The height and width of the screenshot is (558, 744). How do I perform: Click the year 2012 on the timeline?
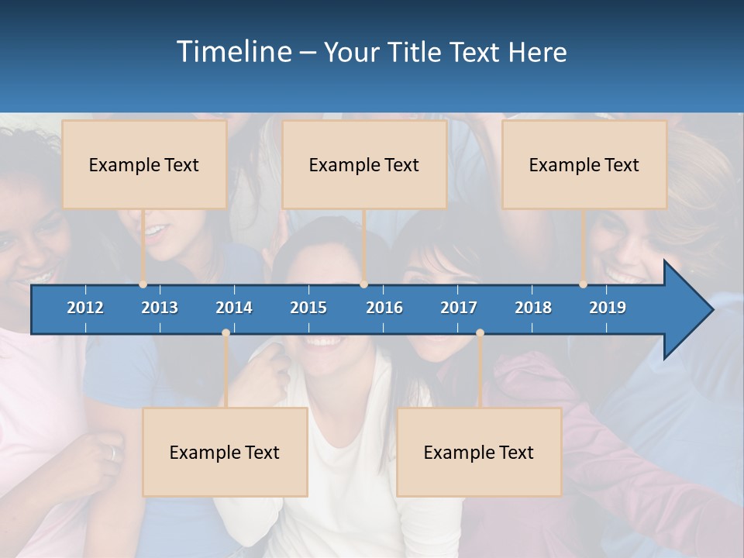85,308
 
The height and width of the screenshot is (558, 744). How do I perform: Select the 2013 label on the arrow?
160,308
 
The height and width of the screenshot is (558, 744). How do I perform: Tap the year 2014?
234,308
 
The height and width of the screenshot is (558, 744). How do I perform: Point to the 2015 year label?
308,308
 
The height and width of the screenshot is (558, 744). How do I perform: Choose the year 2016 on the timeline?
384,308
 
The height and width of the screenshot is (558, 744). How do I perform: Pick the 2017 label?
459,308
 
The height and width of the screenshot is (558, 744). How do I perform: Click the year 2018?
533,308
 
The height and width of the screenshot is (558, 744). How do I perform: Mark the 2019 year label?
608,308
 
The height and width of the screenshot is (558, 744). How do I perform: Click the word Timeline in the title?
232,52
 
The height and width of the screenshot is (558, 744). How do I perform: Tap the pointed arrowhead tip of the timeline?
711,309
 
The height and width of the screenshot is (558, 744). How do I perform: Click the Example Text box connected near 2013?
144,164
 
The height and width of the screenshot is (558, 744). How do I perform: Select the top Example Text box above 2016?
364,164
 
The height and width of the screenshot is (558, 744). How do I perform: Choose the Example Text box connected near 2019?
584,164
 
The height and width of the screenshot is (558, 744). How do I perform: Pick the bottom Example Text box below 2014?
225,452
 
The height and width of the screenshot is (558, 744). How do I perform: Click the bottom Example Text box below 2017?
479,452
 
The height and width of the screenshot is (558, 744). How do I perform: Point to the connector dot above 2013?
143,284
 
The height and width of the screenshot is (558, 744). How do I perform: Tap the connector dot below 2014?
226,333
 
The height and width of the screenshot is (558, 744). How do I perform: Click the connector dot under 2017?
480,333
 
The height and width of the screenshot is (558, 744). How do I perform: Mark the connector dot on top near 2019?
584,284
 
